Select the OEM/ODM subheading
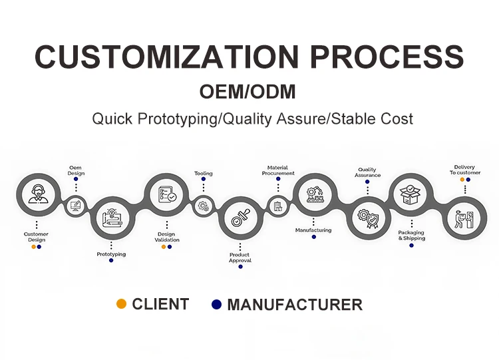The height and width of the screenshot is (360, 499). click(x=248, y=92)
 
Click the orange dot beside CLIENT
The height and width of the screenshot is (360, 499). click(x=121, y=304)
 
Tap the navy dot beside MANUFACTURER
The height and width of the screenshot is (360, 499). click(x=216, y=304)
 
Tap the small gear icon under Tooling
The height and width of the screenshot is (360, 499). click(x=204, y=206)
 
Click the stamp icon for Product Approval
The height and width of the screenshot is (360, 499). click(x=240, y=218)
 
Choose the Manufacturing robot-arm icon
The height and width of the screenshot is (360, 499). click(x=315, y=194)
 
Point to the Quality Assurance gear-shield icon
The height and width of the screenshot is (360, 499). click(x=368, y=218)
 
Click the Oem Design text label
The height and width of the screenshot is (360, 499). click(x=76, y=170)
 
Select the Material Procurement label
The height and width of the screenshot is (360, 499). click(x=277, y=170)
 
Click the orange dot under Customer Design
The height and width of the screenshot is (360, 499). click(x=33, y=247)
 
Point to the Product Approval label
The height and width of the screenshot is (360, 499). click(x=240, y=258)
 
